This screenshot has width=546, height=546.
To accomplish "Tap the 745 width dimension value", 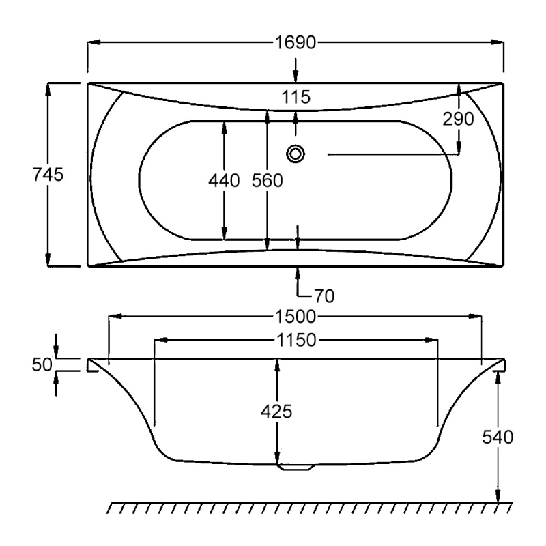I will point(48,175).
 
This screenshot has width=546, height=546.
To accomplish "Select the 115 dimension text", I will point(295,98).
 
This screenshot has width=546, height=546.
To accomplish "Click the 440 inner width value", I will point(225,181).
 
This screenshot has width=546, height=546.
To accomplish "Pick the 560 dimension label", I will point(267,181).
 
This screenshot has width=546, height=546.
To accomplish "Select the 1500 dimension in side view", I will point(295,317).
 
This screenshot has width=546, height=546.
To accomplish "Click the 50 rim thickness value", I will point(42,364).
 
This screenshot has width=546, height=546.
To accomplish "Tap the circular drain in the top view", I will point(296,154).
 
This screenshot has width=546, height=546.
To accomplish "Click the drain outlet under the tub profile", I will point(295,468).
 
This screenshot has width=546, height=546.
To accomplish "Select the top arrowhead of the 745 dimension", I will point(48,88).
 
